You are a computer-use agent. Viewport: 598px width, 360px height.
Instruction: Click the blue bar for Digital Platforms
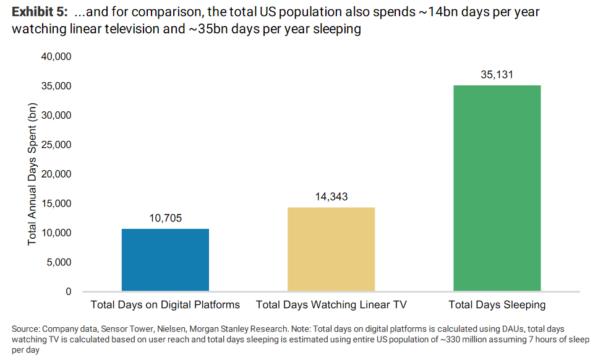[165, 260]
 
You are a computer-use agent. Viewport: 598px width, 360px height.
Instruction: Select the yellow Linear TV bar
[331, 249]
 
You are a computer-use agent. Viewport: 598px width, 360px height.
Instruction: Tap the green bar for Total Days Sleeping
[497, 188]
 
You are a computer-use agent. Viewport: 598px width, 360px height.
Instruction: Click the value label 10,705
[165, 218]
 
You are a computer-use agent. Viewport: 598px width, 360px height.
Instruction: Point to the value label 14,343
[331, 197]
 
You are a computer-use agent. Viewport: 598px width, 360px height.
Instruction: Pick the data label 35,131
[497, 75]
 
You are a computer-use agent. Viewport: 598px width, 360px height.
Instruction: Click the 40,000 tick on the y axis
[56, 57]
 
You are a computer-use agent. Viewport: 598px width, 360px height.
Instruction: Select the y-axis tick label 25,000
[56, 145]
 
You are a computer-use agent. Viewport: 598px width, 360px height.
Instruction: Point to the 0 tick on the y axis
[68, 291]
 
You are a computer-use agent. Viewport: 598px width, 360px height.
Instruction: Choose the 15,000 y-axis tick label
[56, 204]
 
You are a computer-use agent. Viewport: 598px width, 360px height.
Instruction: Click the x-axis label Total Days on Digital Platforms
[165, 305]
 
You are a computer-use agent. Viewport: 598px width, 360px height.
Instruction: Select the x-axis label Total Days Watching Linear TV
[331, 305]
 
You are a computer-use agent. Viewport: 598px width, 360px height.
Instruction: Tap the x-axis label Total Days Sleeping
[497, 305]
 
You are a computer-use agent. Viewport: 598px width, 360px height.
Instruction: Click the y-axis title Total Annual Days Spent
[32, 173]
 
